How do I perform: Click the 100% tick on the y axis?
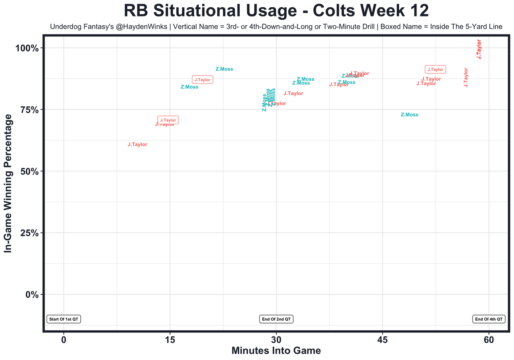pyautogui.click(x=27, y=48)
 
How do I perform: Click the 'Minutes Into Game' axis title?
pyautogui.click(x=276, y=351)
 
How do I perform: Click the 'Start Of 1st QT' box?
pyautogui.click(x=64, y=319)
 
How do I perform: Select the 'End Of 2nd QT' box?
pyautogui.click(x=277, y=319)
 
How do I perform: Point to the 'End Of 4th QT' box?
pyautogui.click(x=489, y=319)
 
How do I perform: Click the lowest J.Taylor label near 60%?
pyautogui.click(x=137, y=145)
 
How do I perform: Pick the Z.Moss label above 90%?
pyautogui.click(x=224, y=69)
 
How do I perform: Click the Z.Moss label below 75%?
pyautogui.click(x=410, y=115)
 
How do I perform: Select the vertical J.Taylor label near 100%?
pyautogui.click(x=479, y=49)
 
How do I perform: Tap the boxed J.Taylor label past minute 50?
pyautogui.click(x=435, y=69)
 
